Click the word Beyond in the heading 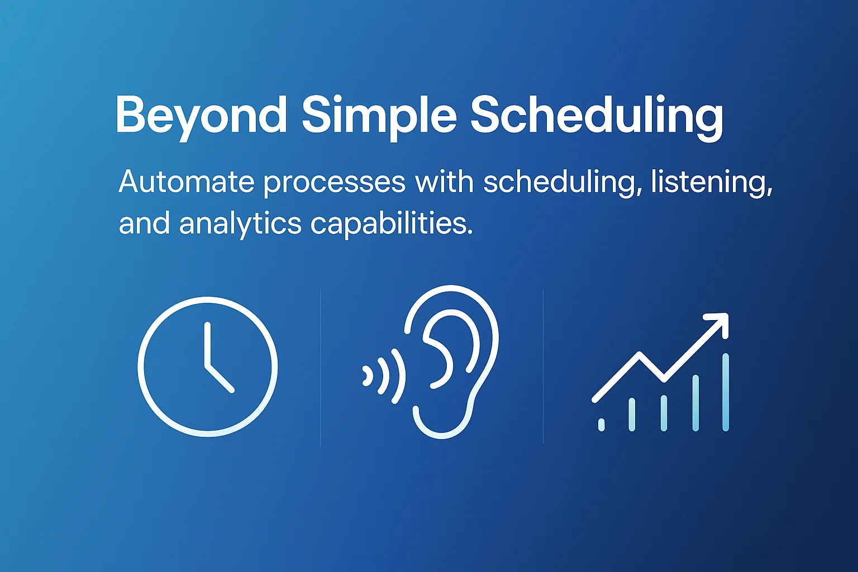tap(201, 115)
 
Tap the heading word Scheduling tap(596, 115)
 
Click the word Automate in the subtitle tap(187, 182)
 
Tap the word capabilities tap(391, 224)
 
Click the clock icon tap(208, 366)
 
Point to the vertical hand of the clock tap(207, 344)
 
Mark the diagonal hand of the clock tap(220, 379)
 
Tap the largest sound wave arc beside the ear tap(398, 375)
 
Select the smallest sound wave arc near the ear tap(368, 376)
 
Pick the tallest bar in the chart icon tap(725, 392)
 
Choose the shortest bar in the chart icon tap(601, 425)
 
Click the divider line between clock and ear tap(321, 369)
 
